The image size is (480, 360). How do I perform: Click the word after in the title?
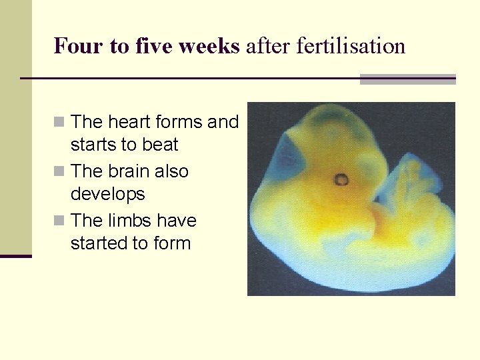click(x=263, y=46)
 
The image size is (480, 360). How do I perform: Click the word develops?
click(x=107, y=194)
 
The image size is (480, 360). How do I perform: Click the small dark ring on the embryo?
click(x=341, y=179)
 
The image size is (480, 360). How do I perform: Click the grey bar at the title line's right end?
click(x=407, y=79)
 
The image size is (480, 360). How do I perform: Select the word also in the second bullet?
click(x=171, y=171)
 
